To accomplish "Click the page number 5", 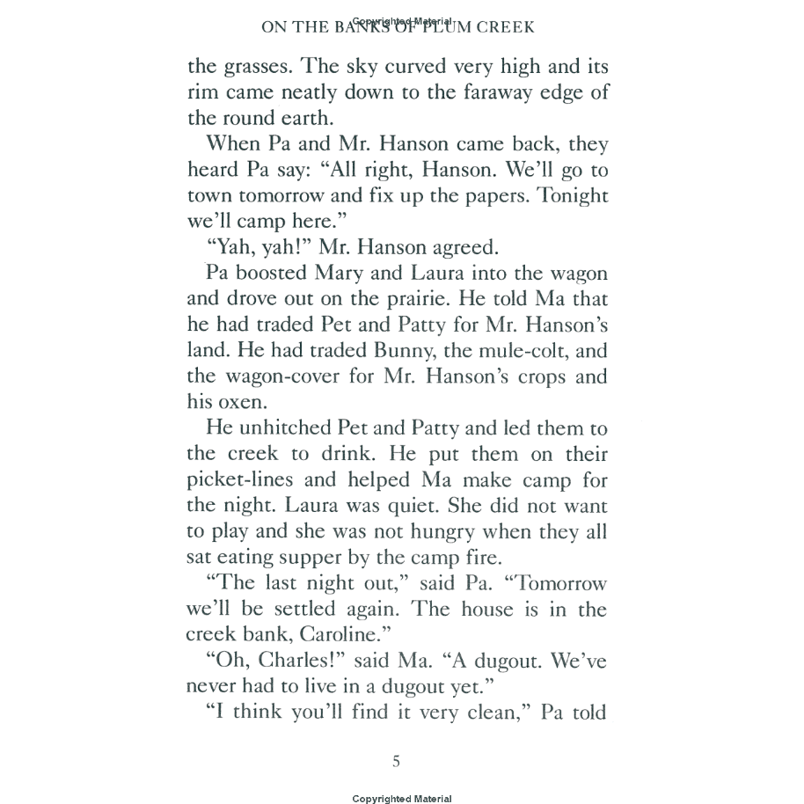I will pos(396,761).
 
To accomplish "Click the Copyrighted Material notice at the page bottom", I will pos(402,799).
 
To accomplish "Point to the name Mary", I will pos(358,274).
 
